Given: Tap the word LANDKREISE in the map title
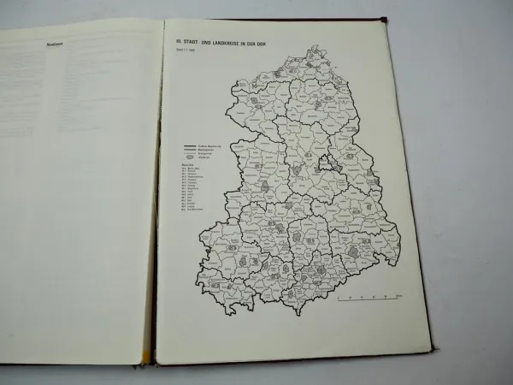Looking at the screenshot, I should pyautogui.click(x=221, y=38).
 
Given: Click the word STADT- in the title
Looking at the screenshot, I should pyautogui.click(x=188, y=38).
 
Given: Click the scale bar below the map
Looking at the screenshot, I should pyautogui.click(x=368, y=299).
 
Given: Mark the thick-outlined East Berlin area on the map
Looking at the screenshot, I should pyautogui.click(x=328, y=163).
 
